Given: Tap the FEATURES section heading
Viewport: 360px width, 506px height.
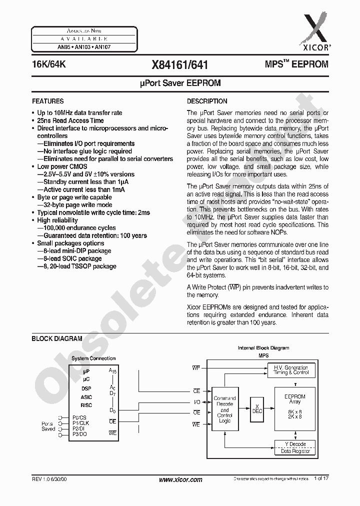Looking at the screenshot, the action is point(47,101).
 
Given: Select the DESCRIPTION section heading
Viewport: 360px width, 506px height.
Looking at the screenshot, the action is point(207,101).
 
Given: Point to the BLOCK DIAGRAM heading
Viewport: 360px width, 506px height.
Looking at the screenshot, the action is point(57,338).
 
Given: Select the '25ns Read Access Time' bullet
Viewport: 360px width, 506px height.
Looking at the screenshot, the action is point(70,120).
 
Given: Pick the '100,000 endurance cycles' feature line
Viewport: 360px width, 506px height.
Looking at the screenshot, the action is point(79,228).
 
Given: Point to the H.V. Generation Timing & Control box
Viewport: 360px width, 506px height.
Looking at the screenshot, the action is point(291,370).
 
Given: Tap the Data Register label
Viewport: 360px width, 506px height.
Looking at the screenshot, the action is point(295,451).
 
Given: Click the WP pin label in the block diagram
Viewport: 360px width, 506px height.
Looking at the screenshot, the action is point(196,367).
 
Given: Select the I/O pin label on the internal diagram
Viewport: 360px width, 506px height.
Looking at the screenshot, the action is point(196,401).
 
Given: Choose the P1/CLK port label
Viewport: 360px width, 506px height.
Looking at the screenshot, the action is point(79,422).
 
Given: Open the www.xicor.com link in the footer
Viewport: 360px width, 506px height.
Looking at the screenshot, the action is point(180,479).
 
